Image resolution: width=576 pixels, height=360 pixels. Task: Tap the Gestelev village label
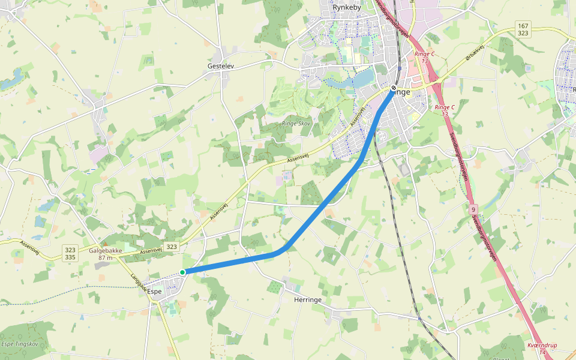[x=220, y=65]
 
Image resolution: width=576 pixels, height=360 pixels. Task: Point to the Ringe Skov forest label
[x=296, y=124]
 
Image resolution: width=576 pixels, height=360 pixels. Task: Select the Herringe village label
[x=309, y=299]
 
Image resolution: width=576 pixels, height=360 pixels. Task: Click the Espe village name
[x=155, y=291]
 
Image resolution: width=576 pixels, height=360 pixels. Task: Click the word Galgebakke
[x=106, y=251]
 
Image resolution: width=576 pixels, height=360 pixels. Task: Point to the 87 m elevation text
[x=106, y=257]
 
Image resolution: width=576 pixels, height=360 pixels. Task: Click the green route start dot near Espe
[x=182, y=272]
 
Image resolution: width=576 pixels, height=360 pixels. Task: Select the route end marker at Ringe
[x=393, y=88]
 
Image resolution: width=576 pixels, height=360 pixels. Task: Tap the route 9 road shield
[x=474, y=209]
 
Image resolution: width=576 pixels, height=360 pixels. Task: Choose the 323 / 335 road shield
[x=70, y=253]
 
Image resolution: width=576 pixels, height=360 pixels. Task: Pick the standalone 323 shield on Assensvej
[x=172, y=247]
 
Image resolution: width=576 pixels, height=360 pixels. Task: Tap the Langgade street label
[x=139, y=283]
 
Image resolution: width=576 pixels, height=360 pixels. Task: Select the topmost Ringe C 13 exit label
[x=424, y=57]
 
